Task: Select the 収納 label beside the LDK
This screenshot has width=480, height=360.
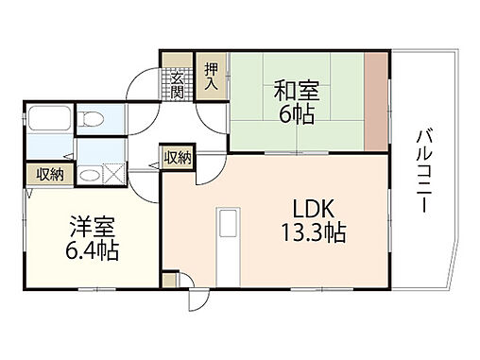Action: tap(178, 158)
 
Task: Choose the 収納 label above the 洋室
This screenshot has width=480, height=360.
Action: tap(50, 174)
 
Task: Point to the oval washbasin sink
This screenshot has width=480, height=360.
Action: tap(90, 173)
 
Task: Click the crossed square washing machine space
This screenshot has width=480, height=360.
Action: tap(112, 173)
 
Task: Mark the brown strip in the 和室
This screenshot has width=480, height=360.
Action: tap(377, 101)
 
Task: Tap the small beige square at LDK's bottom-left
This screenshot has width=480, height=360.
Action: tap(169, 280)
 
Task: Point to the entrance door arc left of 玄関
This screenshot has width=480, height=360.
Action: tap(146, 83)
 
